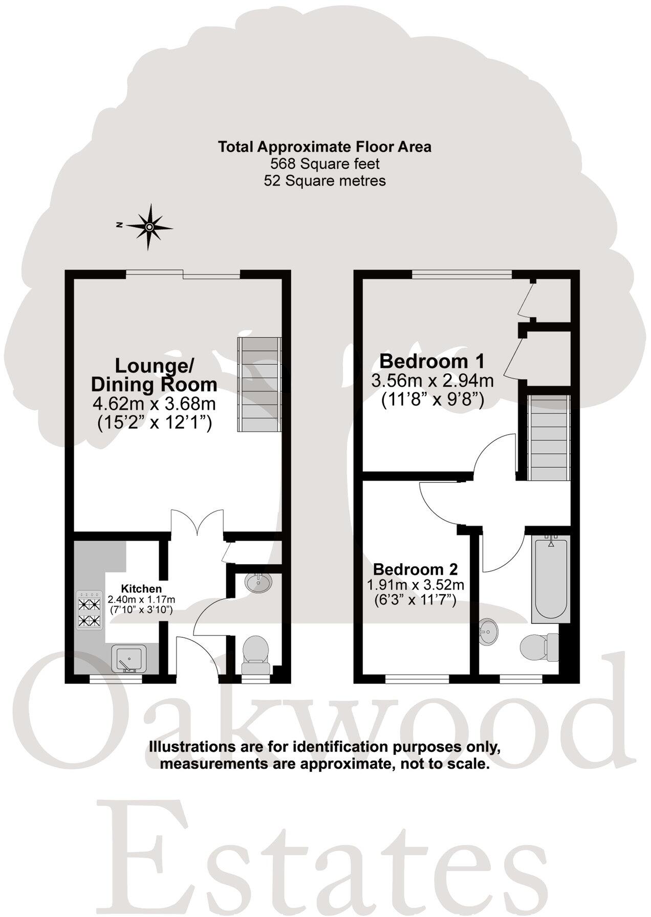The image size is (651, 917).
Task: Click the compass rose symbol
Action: (x=149, y=227)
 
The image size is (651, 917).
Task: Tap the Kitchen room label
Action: (x=141, y=589)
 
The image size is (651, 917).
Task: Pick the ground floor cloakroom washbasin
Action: (x=258, y=583)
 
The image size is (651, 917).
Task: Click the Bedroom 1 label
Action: (x=431, y=362)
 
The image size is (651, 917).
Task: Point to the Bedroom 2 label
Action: (x=415, y=569)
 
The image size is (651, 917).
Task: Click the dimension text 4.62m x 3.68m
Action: (x=154, y=404)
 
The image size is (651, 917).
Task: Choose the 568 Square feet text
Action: (x=325, y=164)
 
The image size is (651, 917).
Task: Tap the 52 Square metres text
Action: (x=325, y=181)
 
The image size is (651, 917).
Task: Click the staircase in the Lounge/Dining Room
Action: (x=259, y=384)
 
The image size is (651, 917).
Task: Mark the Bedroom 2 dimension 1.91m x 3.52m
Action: (x=415, y=584)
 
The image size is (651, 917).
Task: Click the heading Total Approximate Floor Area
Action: (x=325, y=147)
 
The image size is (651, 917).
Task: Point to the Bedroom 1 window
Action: (x=462, y=275)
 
